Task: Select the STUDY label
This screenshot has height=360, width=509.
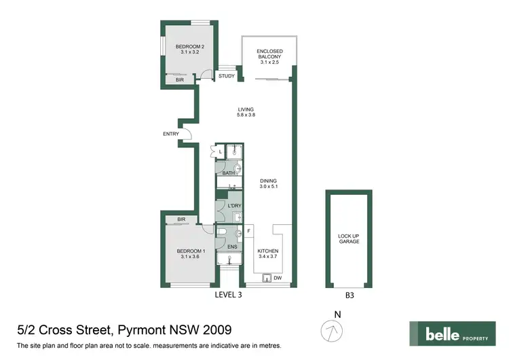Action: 226,76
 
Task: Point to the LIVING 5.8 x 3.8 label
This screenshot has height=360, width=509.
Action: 245,113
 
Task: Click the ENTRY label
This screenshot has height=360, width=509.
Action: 170,134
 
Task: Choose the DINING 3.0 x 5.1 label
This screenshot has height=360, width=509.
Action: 269,183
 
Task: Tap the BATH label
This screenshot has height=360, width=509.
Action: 229,173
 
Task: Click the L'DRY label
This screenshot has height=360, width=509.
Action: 235,206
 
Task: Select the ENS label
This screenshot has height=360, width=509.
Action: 231,247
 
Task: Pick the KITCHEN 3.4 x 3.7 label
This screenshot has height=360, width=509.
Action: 268,253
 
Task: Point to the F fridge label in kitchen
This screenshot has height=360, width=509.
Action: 248,232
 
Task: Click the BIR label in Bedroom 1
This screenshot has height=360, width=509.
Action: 181,219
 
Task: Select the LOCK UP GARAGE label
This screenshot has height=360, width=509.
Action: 348,240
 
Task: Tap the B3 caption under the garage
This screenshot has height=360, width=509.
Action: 350,295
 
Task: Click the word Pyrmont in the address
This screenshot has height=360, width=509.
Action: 144,331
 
